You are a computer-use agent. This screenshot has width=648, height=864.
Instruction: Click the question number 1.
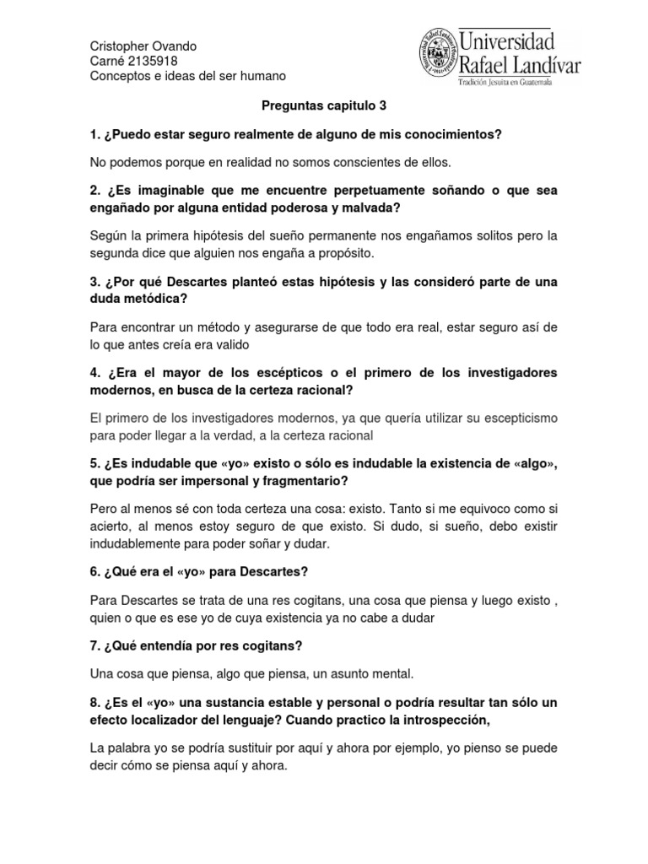(94, 135)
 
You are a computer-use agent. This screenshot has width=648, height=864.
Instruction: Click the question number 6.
(94, 572)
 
